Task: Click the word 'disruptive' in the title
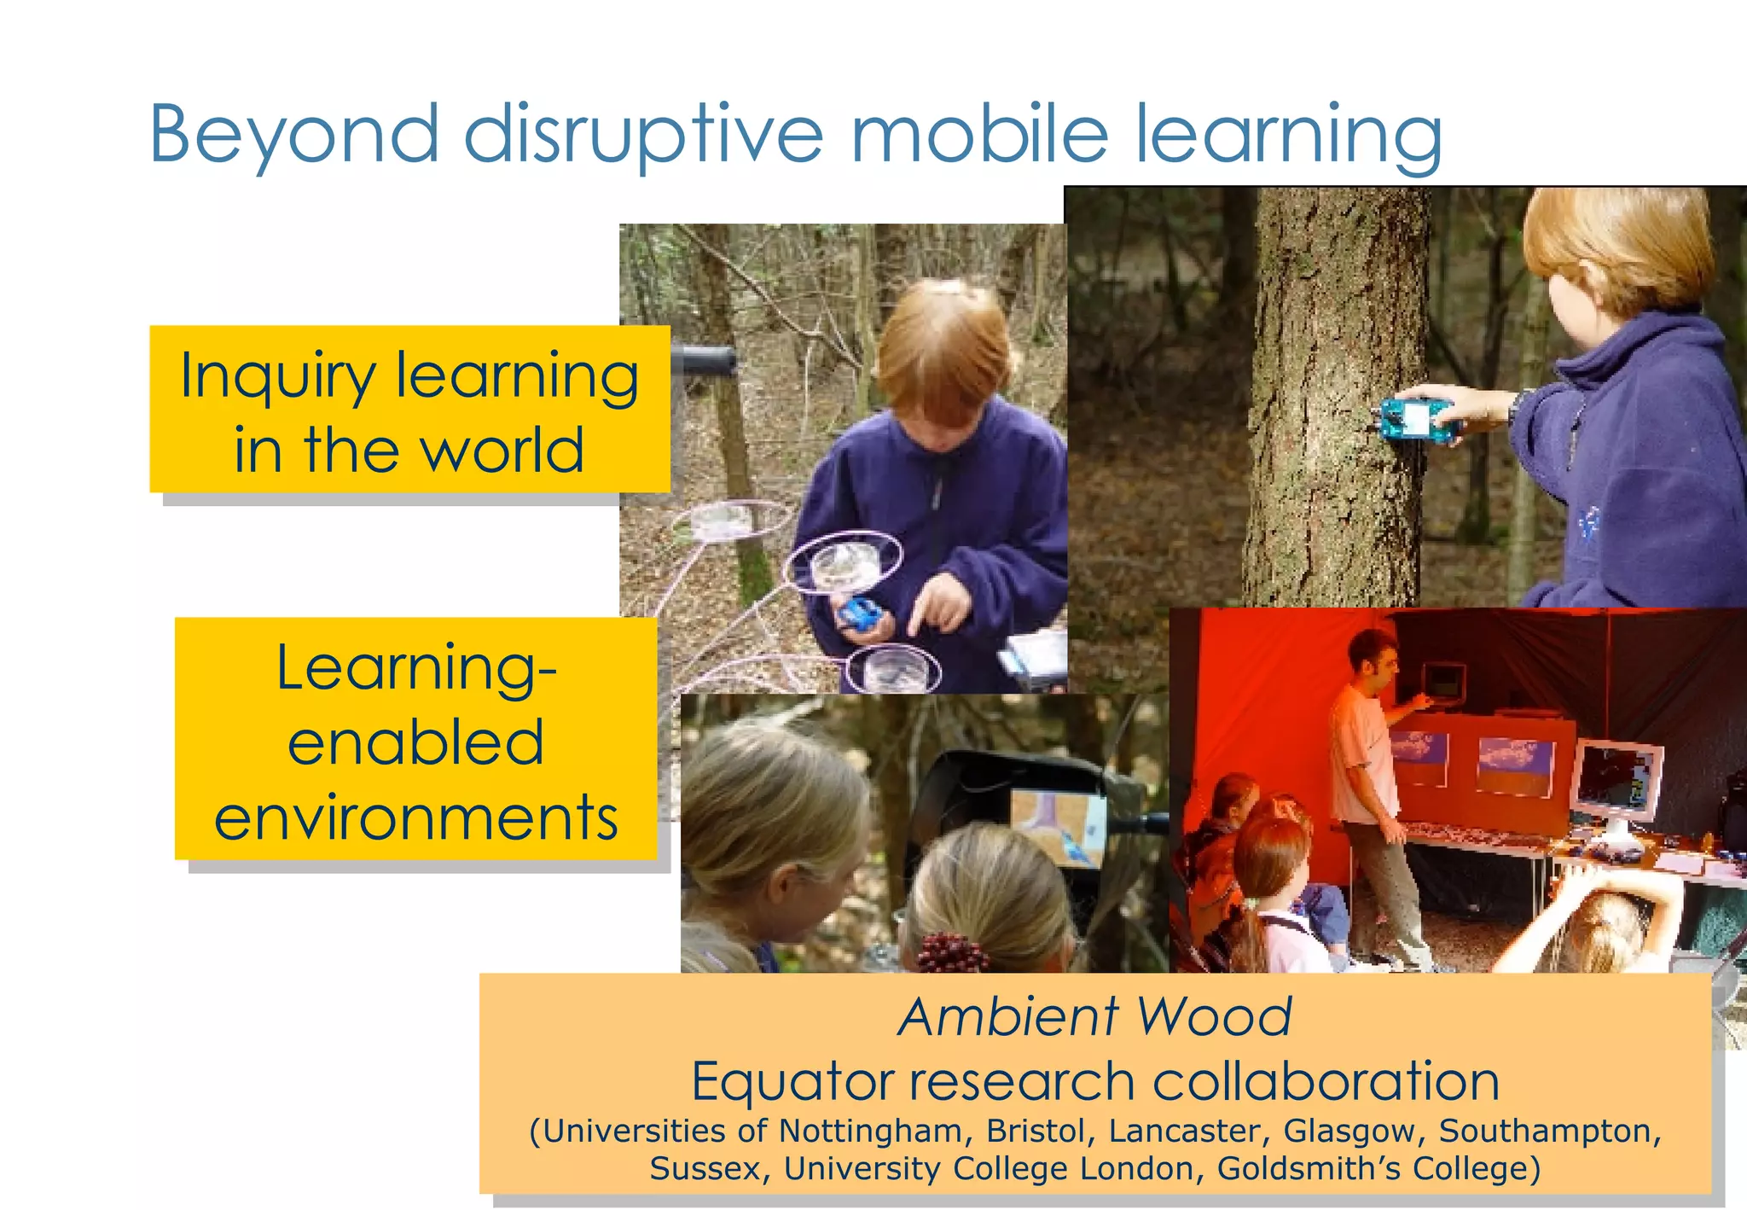(x=644, y=134)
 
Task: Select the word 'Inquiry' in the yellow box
(x=278, y=377)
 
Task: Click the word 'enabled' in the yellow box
(x=416, y=742)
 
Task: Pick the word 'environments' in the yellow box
(x=416, y=817)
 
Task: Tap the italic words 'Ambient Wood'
(x=1095, y=1017)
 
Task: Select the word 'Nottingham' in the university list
(x=871, y=1131)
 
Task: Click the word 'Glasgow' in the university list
(x=1349, y=1131)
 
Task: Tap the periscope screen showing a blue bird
(x=1058, y=826)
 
